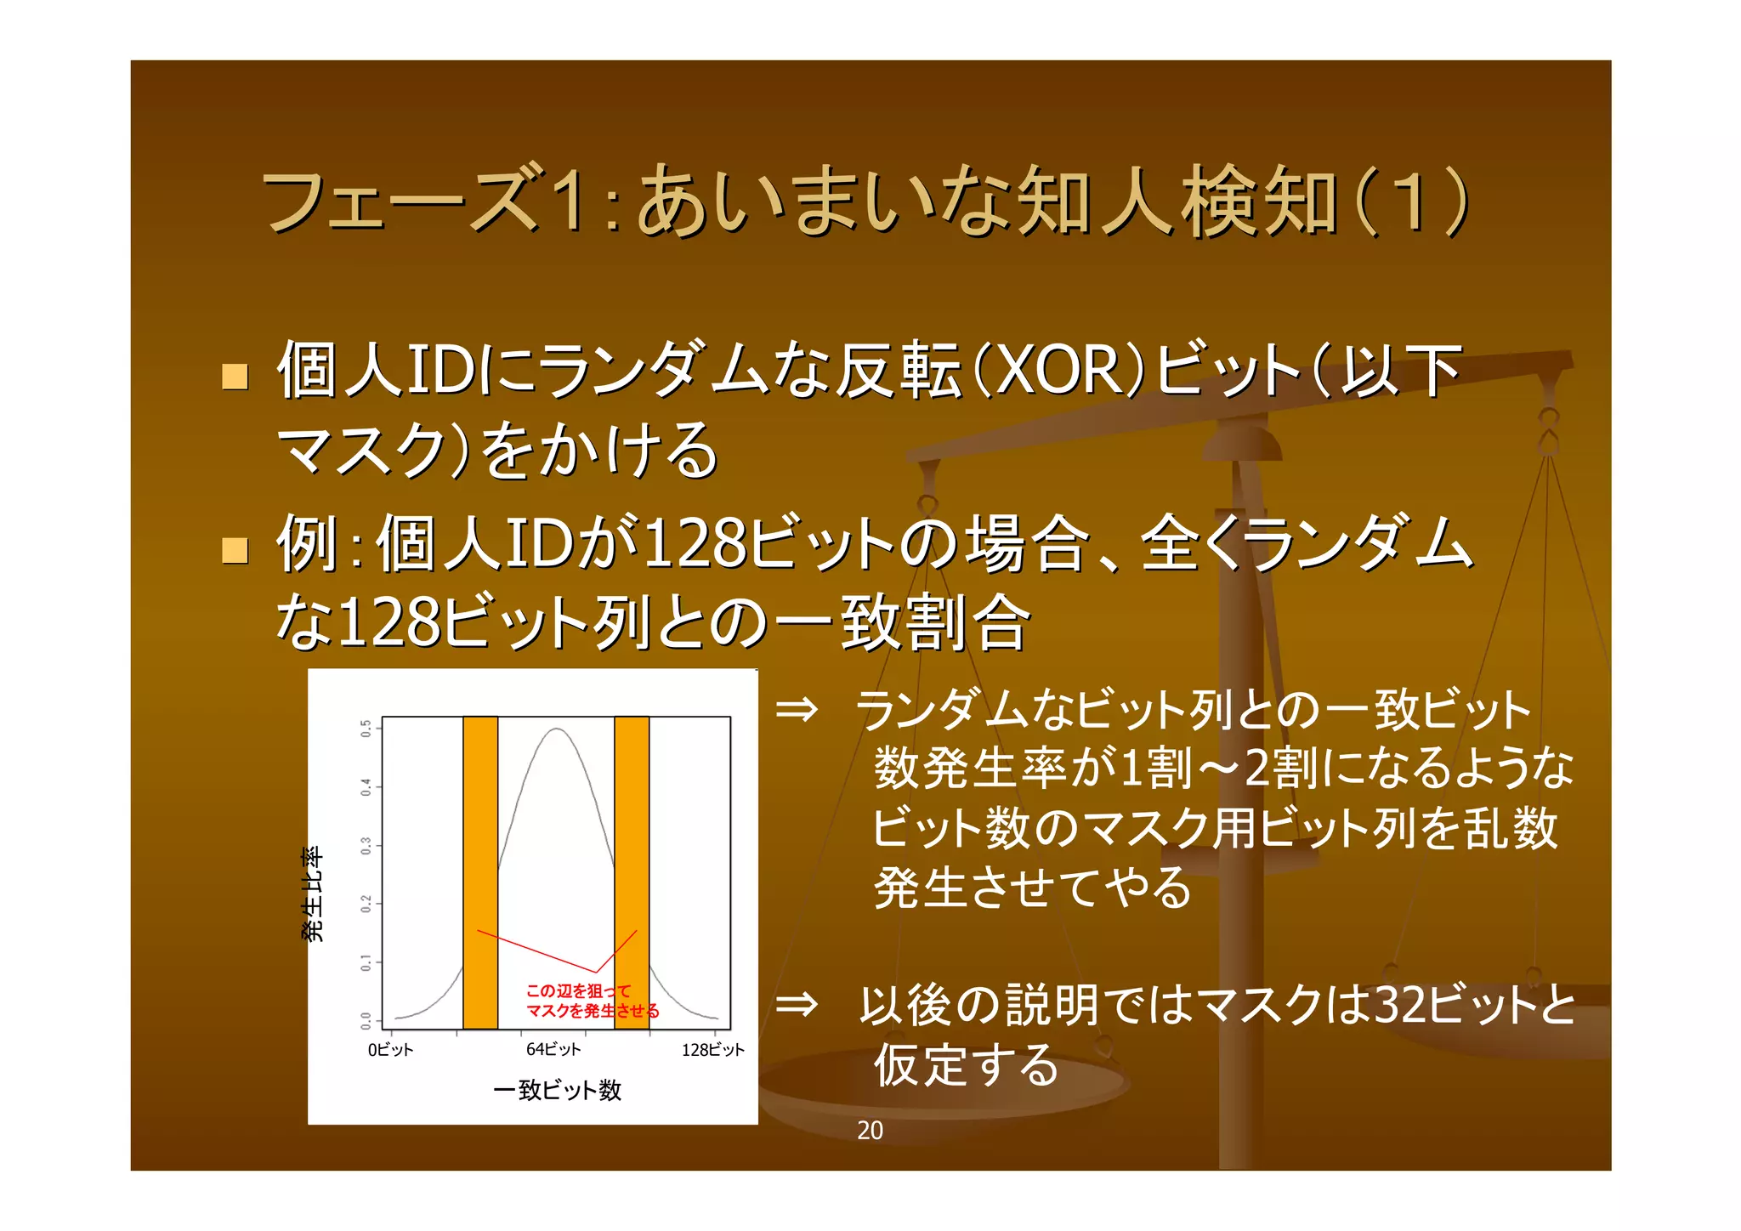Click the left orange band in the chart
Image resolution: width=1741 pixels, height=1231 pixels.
(x=480, y=871)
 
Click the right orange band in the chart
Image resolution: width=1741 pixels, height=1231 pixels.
(x=632, y=871)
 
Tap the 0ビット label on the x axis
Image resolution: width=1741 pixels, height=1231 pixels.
(x=390, y=1050)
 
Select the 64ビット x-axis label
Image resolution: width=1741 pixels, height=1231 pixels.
(x=553, y=1050)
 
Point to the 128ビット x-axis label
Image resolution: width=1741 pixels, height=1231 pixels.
(x=712, y=1050)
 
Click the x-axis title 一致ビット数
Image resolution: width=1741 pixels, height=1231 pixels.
(x=558, y=1090)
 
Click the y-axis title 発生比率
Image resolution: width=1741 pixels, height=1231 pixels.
(x=313, y=893)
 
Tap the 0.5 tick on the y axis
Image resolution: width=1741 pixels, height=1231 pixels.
(x=366, y=729)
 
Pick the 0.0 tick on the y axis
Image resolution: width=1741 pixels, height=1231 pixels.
(x=366, y=1019)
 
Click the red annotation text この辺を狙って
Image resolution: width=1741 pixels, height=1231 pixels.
(x=578, y=991)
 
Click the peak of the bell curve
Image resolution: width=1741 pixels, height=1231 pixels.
(x=556, y=729)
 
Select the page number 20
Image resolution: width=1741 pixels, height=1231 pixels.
(x=870, y=1130)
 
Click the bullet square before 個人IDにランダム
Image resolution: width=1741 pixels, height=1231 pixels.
(x=235, y=376)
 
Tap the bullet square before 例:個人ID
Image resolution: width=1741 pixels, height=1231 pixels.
(x=235, y=550)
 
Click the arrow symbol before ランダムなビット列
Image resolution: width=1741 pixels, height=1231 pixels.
(x=797, y=709)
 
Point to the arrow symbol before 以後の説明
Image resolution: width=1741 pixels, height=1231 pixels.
(x=797, y=1005)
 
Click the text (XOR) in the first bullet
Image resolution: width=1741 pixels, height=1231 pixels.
(x=1058, y=372)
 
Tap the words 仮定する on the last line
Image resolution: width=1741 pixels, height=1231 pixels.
(x=967, y=1065)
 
